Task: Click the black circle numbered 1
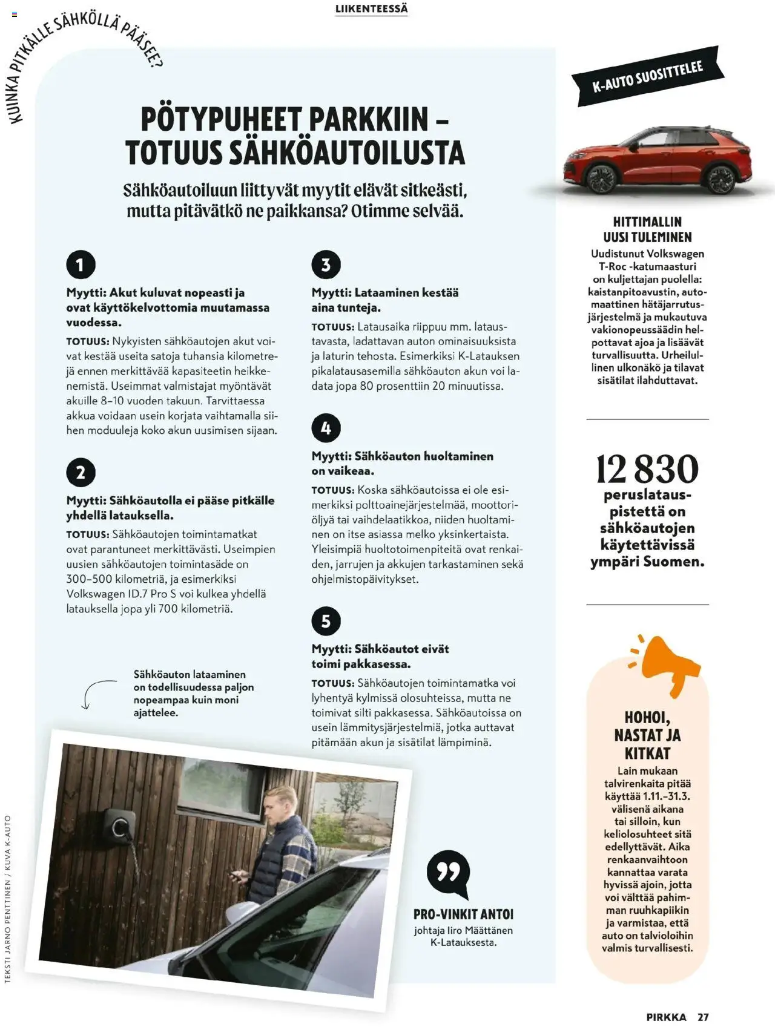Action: click(81, 264)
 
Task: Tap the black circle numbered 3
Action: click(326, 264)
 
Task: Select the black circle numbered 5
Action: click(326, 621)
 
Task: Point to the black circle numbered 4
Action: click(326, 428)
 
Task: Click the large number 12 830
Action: click(647, 469)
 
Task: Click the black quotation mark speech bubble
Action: click(448, 873)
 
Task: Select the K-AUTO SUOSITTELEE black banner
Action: click(647, 76)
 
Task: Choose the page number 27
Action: click(702, 1017)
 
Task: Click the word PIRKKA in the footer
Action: click(666, 1017)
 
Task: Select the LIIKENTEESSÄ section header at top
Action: click(371, 9)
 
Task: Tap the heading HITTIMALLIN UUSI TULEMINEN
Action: click(647, 229)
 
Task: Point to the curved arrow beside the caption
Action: click(96, 693)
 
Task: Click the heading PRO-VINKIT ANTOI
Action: click(463, 914)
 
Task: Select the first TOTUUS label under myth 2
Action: click(87, 535)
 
